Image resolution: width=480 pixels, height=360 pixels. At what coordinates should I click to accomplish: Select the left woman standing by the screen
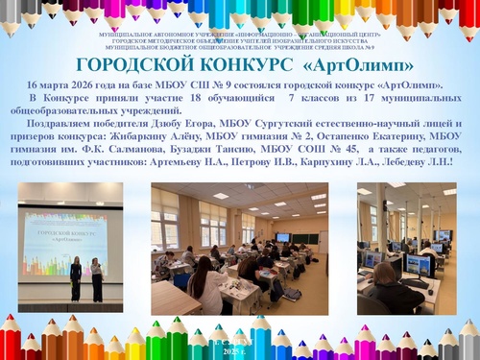(x=76, y=277)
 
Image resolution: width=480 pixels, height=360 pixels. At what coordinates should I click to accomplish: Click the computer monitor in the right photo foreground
(x=419, y=263)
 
